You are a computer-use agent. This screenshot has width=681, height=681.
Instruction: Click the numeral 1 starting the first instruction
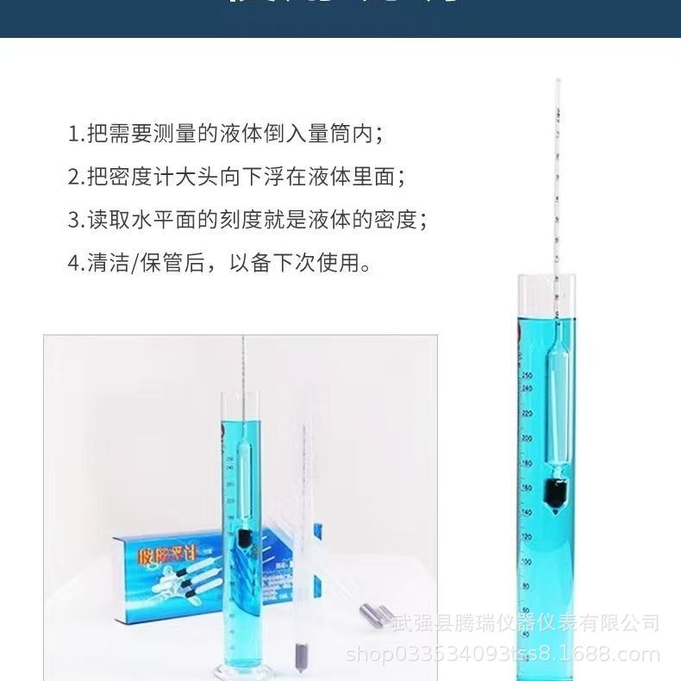point(73,134)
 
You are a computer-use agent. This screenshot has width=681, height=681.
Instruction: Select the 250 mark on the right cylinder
point(528,375)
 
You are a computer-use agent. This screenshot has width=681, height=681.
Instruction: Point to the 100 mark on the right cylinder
point(527,561)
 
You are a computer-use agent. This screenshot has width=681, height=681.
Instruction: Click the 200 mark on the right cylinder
point(528,437)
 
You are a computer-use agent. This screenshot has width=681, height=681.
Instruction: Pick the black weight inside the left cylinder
point(246,540)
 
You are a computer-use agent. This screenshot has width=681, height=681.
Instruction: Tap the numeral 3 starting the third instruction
point(73,220)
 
